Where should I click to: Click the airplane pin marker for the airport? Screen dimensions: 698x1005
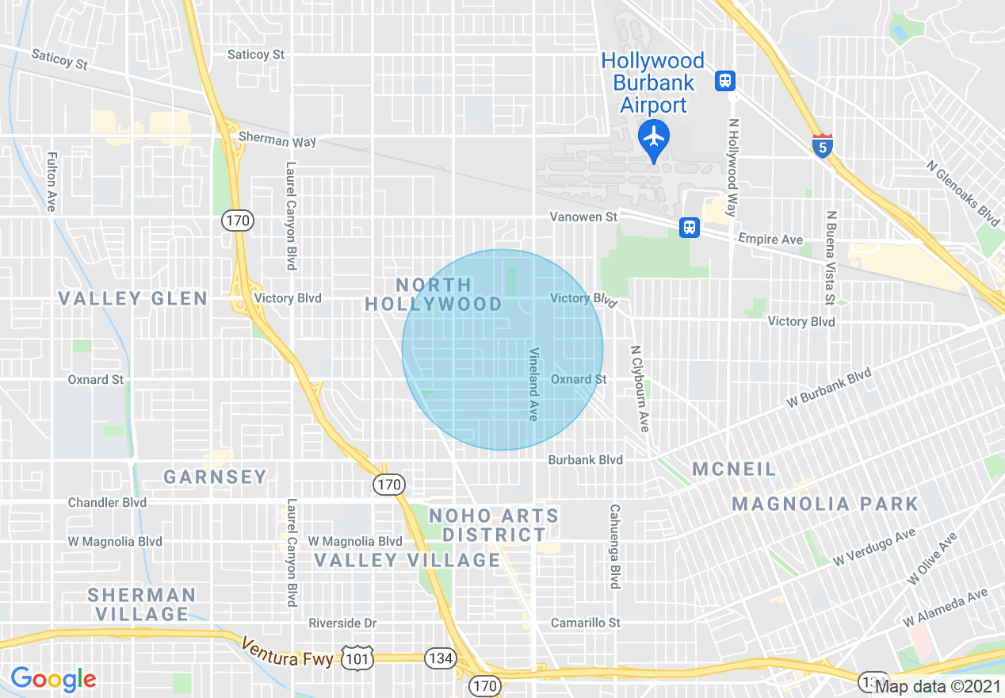[x=653, y=138]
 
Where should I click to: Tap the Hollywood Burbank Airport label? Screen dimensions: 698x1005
[x=652, y=82]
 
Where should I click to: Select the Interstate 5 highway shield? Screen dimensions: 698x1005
[x=823, y=146]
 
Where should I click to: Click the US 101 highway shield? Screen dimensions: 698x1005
[x=358, y=655]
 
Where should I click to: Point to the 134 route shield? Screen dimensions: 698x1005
[x=439, y=657]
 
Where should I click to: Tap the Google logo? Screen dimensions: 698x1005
[x=53, y=679]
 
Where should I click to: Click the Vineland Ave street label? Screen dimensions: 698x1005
[x=534, y=385]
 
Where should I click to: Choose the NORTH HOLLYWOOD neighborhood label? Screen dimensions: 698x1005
[x=434, y=294]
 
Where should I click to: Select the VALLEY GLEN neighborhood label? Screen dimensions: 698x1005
[x=133, y=299]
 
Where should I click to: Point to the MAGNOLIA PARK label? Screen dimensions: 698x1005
[x=824, y=504]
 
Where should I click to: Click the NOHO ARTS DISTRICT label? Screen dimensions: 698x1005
[x=494, y=525]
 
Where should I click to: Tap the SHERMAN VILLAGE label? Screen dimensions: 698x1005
[x=142, y=604]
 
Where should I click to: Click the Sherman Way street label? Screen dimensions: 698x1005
[x=277, y=140]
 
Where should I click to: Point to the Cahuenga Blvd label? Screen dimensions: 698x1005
[x=613, y=547]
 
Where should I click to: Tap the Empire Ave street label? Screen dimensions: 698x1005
[x=770, y=239]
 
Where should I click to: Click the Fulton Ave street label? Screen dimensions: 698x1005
[x=52, y=182]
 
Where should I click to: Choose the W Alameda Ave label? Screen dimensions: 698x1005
[x=945, y=606]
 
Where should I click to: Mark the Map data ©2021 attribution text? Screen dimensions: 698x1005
[x=938, y=687]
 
